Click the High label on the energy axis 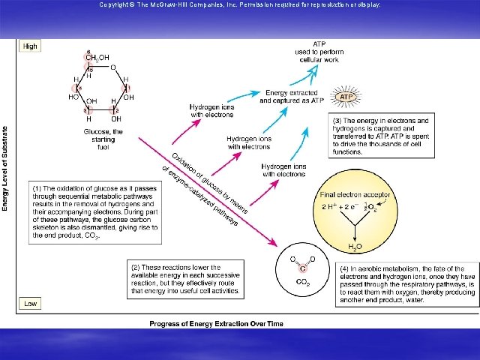click(x=30, y=46)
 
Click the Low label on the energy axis click(x=29, y=304)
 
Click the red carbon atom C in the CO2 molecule click(x=303, y=268)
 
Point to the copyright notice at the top click(x=240, y=4)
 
